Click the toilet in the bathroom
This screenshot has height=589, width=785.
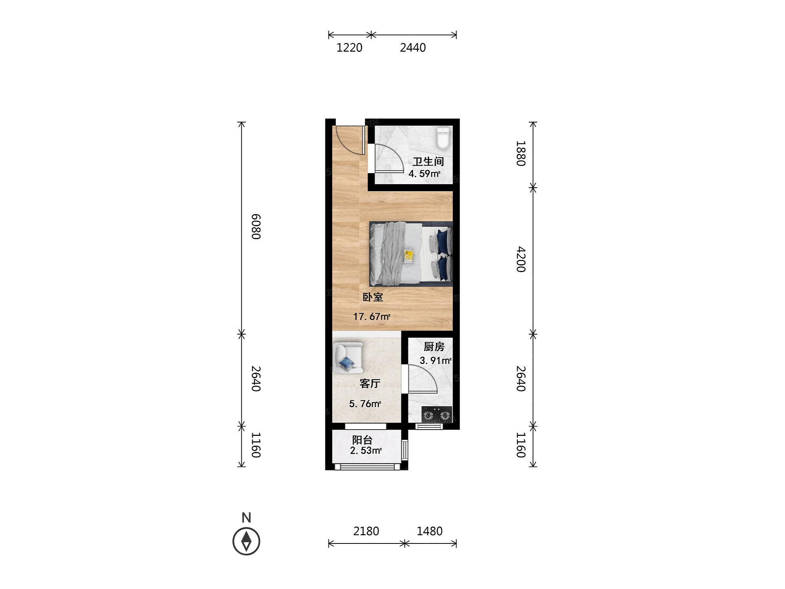tap(443, 138)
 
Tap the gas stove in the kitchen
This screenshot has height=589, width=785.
tap(437, 415)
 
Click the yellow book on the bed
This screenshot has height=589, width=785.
tap(409, 256)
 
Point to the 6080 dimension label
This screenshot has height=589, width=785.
tap(256, 227)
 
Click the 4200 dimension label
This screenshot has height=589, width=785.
tap(521, 259)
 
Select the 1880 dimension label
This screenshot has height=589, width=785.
tap(521, 153)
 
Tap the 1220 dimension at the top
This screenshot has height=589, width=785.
tap(349, 48)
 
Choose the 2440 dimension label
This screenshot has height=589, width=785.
tap(413, 48)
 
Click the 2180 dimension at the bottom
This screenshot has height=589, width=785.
tap(366, 531)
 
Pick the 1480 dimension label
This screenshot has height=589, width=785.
tap(429, 531)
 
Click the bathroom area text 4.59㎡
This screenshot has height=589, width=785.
tap(424, 174)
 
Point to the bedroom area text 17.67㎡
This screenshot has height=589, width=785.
tap(372, 316)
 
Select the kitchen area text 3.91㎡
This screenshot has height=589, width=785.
tap(435, 360)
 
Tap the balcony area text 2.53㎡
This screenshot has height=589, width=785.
tap(366, 450)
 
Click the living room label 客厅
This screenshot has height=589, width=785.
tap(370, 383)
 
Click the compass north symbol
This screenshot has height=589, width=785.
tap(246, 541)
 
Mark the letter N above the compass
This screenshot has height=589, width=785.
tap(246, 518)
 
